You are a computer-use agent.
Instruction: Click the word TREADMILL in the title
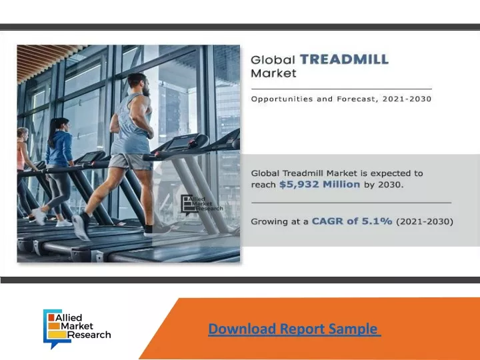coord(345,59)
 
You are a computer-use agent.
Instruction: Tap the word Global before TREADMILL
coord(273,59)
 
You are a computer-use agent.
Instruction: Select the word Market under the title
coord(274,73)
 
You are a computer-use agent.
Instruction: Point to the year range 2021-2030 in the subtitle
coord(407,99)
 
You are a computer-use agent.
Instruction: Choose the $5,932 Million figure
coord(319,184)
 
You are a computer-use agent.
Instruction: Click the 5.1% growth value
coord(377,221)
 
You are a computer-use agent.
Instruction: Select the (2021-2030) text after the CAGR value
coord(425,221)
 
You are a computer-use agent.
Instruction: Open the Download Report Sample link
coord(295,329)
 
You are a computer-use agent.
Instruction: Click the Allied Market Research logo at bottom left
coord(77,329)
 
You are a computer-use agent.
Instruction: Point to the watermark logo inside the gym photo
coord(202,205)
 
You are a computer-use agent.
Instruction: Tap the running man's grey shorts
coord(131,161)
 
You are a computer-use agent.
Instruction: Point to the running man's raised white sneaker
coord(81,227)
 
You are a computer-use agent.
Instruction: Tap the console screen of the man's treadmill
coord(178,143)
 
